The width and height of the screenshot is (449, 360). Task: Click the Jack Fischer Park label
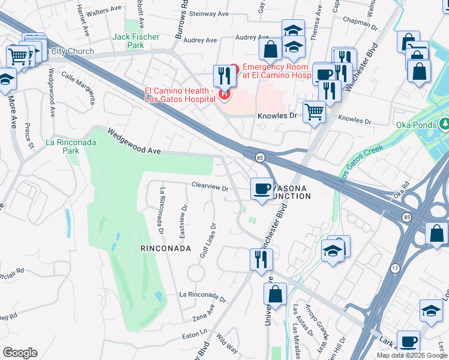[x=136, y=41]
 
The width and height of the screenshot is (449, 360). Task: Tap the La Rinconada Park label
[x=63, y=146]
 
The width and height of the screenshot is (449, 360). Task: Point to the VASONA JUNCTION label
[x=285, y=192]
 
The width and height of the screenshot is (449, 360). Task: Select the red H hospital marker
[x=224, y=94]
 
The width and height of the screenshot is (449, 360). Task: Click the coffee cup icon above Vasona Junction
[x=262, y=189]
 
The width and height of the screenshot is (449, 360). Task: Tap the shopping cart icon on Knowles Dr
[x=315, y=111]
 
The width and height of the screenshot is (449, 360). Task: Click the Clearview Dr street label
[x=210, y=188]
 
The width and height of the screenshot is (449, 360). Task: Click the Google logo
[x=20, y=353]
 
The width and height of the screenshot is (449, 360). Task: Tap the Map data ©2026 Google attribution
[x=411, y=355]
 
